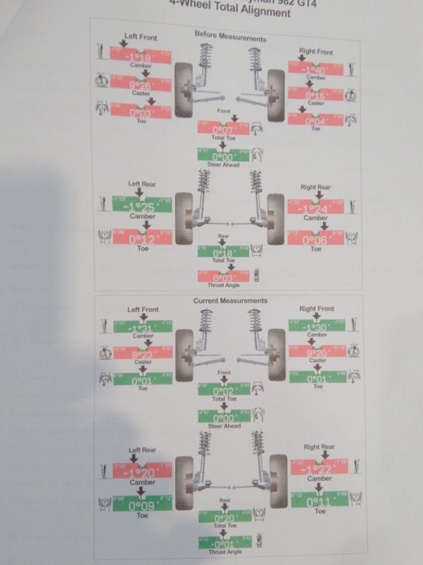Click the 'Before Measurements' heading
pos(230,39)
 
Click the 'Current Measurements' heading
pos(230,301)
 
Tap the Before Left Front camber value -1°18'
pos(140,57)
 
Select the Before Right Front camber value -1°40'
pos(316,70)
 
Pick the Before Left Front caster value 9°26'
pos(140,85)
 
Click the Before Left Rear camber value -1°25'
pos(142,206)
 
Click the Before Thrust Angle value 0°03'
pos(223,278)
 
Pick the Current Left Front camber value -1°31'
pos(143,328)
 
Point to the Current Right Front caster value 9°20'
pos(317,353)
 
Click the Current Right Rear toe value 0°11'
pos(319,502)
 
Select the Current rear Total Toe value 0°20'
pos(225,518)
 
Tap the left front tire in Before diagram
pos(183,90)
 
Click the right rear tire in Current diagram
pos(279,482)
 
